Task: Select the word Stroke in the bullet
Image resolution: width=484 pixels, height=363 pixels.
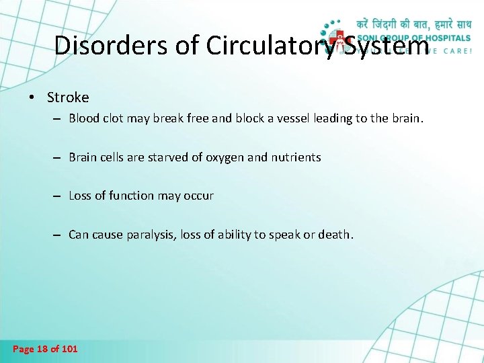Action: [x=68, y=97]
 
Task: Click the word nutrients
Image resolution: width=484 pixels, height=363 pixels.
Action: [x=296, y=157]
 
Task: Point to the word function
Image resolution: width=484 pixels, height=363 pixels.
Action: [x=130, y=196]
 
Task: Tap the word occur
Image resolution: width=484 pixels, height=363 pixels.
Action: [x=199, y=196]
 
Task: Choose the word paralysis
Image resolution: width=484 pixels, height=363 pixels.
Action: [x=150, y=235]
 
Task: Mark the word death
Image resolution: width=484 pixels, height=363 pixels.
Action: [x=335, y=235]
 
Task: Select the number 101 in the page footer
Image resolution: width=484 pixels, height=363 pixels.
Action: [x=69, y=349]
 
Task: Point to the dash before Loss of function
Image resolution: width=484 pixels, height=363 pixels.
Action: [x=58, y=196]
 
